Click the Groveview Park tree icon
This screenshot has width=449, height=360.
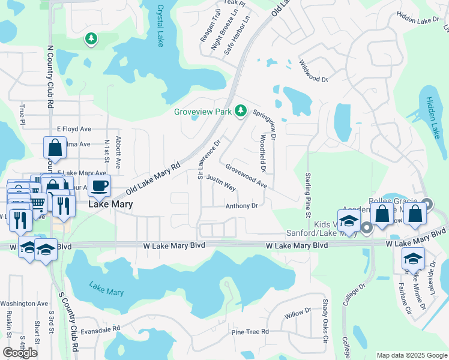(241, 110)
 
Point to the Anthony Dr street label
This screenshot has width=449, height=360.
(241, 206)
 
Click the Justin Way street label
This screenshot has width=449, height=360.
(220, 182)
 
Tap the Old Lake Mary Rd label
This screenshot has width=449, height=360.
(153, 179)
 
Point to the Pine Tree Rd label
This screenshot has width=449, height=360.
(247, 332)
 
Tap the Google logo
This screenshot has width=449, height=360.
(20, 353)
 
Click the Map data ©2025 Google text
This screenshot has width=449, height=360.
(411, 355)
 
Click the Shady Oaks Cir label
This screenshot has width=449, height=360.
(326, 322)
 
